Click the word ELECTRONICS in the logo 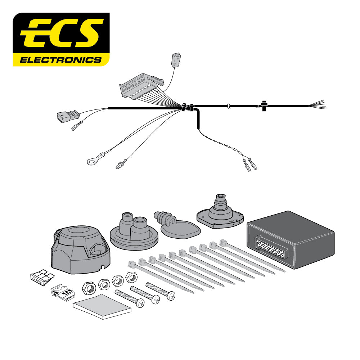point(60,60)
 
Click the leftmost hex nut point(88,287)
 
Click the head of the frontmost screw point(140,303)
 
